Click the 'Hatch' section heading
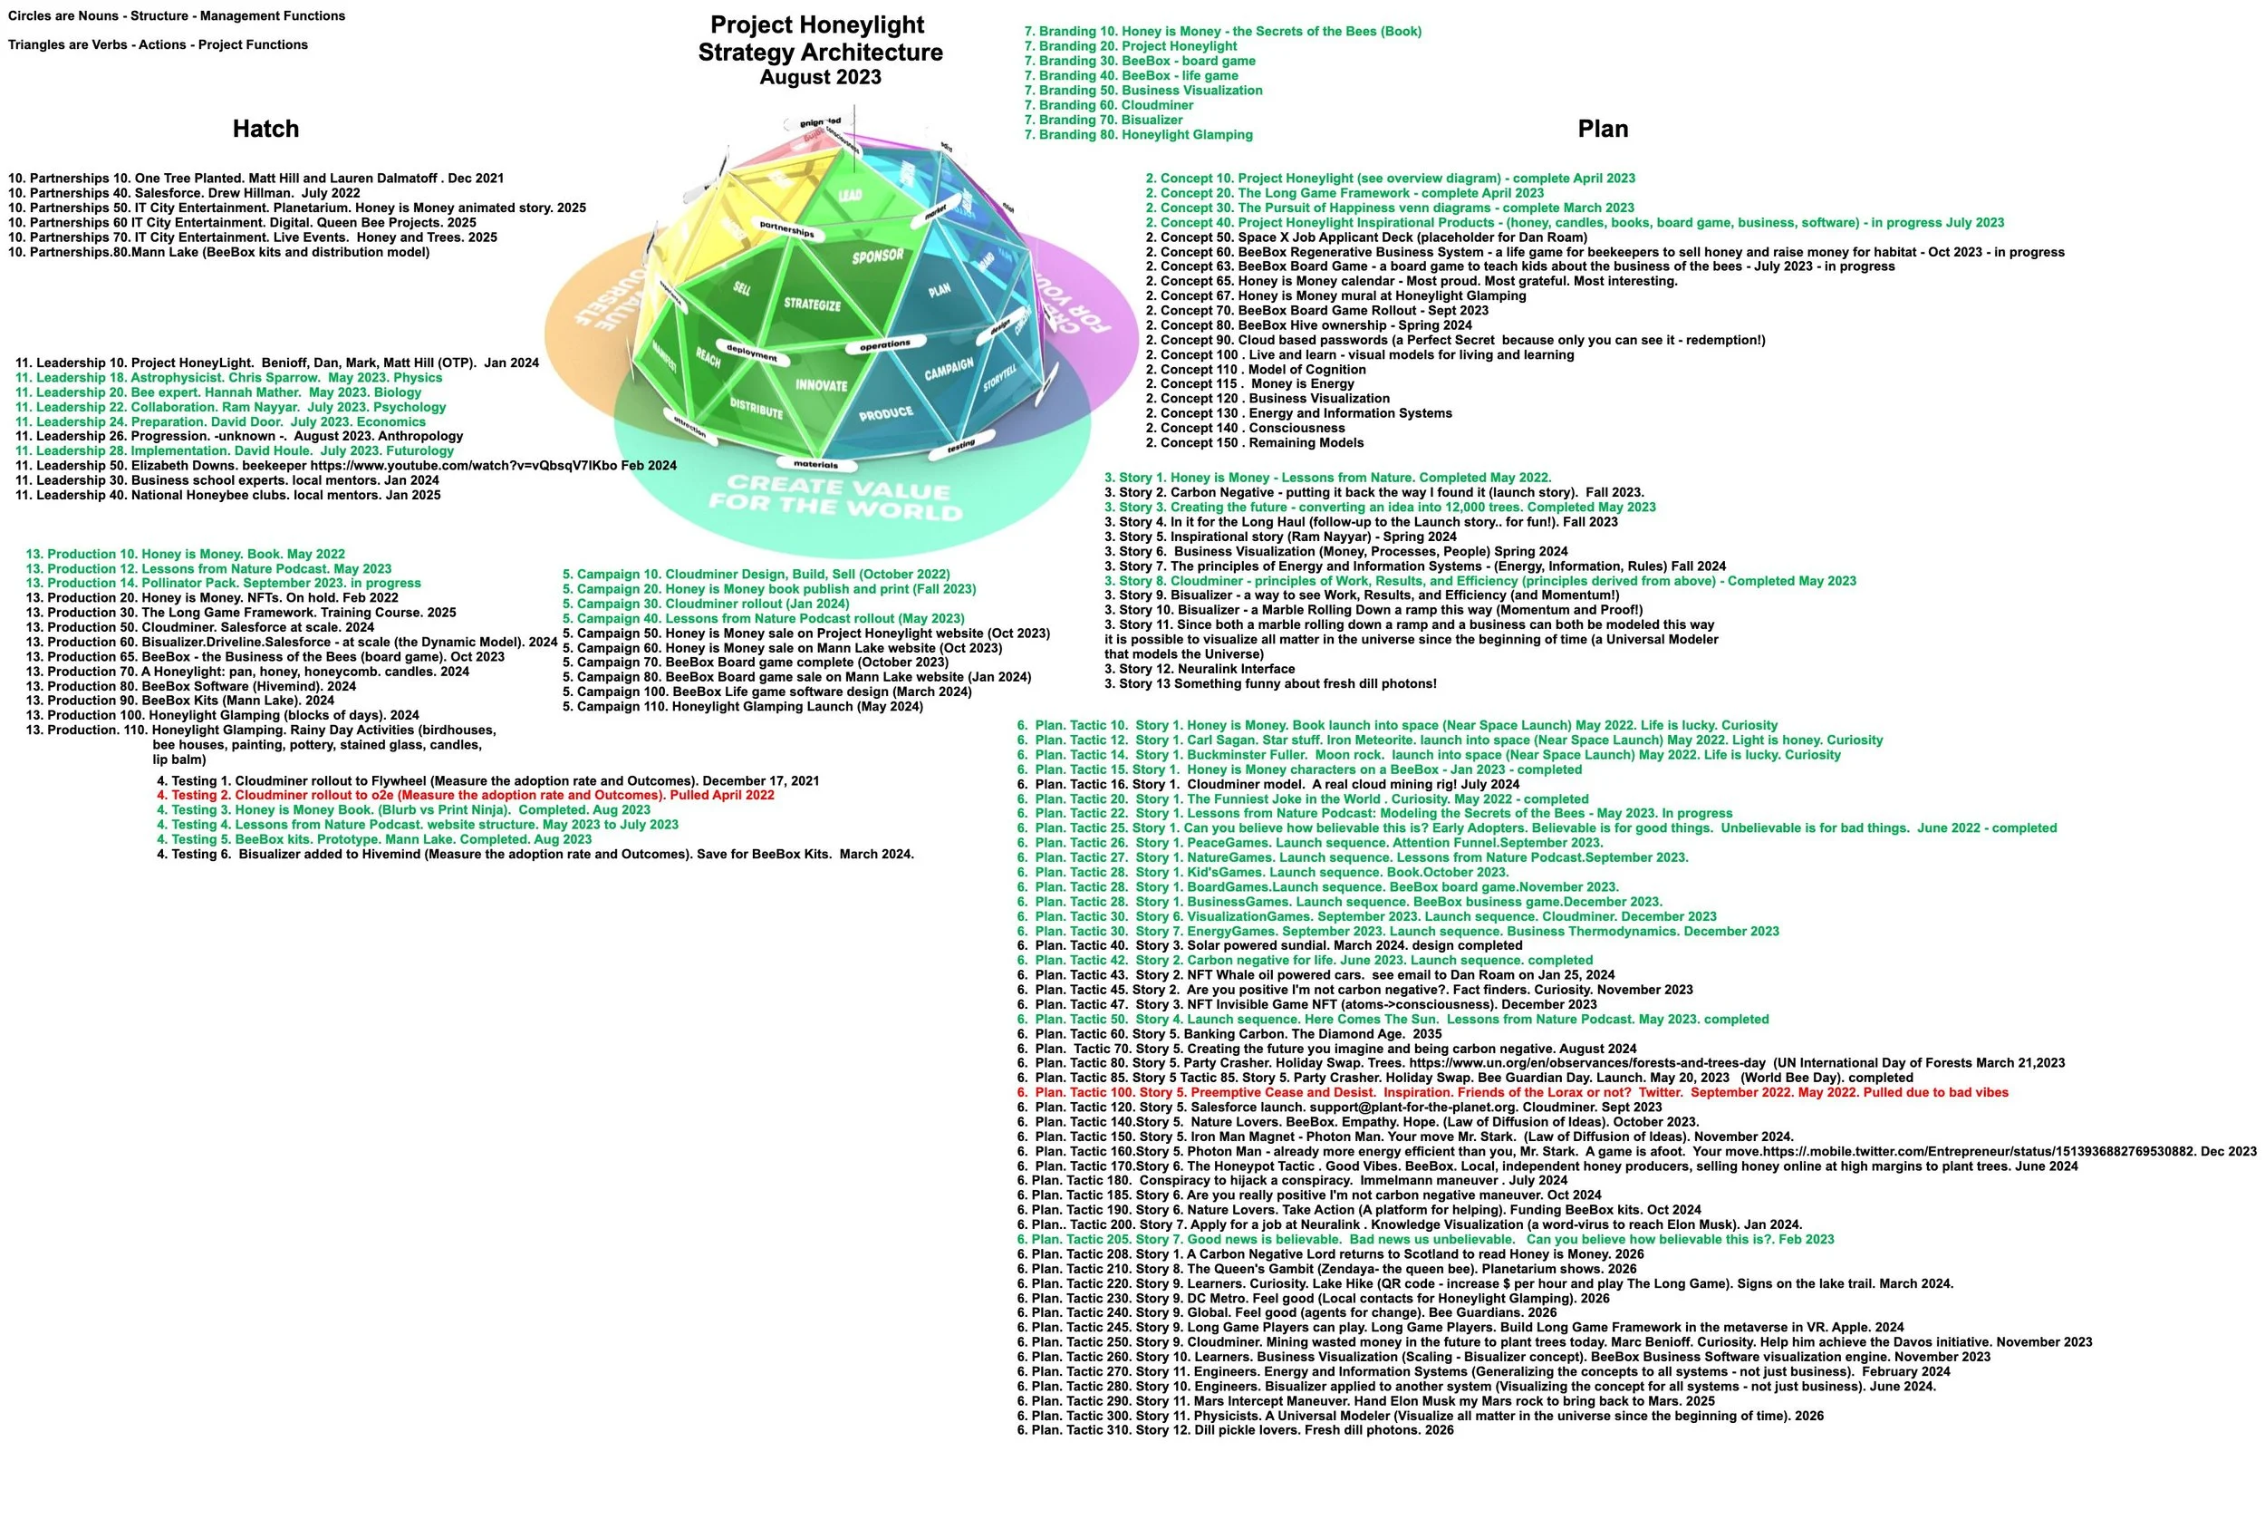[265, 129]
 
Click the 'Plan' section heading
[1602, 129]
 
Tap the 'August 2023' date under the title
[820, 78]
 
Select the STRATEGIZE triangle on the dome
[813, 305]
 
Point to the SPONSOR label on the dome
[877, 256]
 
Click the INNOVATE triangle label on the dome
[821, 385]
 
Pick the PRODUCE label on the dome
[885, 413]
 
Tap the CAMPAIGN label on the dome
[948, 369]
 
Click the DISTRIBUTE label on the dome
[756, 408]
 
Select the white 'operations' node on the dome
[885, 343]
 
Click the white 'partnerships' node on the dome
[786, 229]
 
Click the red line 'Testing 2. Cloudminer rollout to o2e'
[466, 796]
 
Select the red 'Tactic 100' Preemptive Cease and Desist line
[1511, 1093]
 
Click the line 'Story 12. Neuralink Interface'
[1199, 670]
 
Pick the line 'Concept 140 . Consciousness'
[1244, 428]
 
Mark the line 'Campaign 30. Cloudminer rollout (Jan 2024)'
[706, 605]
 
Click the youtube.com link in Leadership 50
[464, 466]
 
